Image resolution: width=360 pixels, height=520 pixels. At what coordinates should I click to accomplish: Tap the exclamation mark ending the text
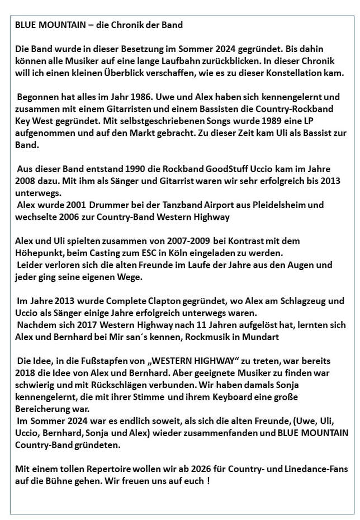point(208,480)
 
